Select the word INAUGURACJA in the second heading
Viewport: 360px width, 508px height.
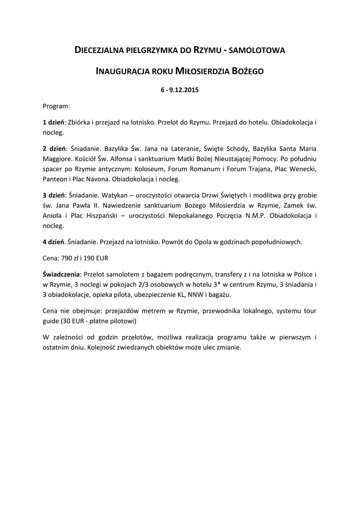point(122,71)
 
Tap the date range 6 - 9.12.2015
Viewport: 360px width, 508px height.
point(180,91)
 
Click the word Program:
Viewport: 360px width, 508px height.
point(56,106)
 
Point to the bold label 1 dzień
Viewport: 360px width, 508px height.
point(54,122)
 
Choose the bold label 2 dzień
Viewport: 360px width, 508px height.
point(54,148)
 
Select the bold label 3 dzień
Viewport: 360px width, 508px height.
point(54,195)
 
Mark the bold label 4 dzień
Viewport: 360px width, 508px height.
point(54,242)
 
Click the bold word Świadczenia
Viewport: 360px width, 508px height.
point(61,274)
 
